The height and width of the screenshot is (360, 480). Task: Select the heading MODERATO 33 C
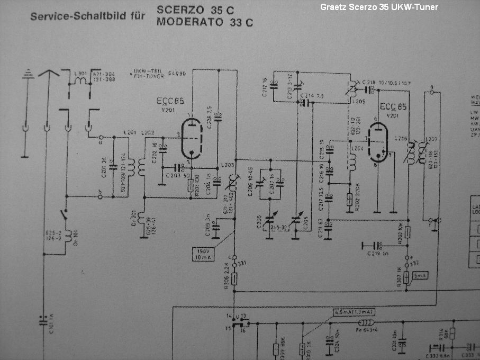coord(204,22)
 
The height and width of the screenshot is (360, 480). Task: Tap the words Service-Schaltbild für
coord(87,16)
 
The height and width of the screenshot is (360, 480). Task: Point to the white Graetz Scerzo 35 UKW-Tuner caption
coord(379,7)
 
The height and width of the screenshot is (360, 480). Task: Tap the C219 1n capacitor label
coord(379,254)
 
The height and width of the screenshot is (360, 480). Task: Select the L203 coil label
coord(229,165)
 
